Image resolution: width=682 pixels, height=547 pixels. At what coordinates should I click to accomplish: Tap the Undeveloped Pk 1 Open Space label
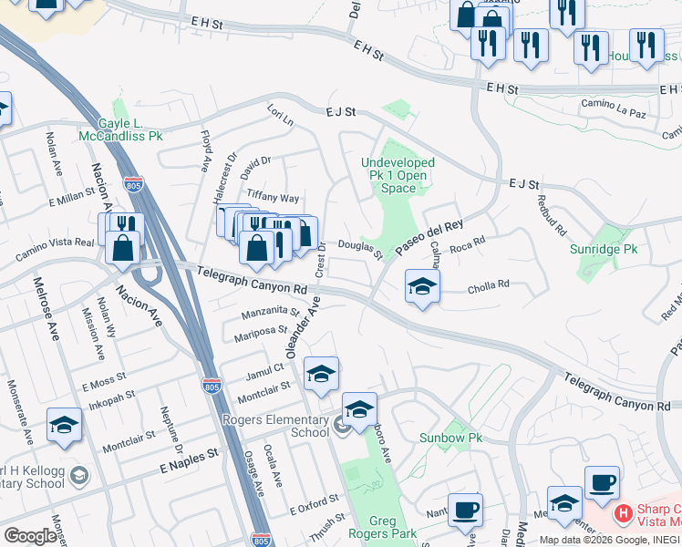(x=398, y=175)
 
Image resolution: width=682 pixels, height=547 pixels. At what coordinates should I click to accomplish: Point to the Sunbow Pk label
(x=450, y=438)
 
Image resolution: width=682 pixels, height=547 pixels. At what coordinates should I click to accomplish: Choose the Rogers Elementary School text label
(x=276, y=426)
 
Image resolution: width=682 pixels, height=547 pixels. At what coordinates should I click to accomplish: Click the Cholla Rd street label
(x=488, y=285)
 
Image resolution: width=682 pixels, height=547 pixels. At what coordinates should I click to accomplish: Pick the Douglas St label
(x=359, y=247)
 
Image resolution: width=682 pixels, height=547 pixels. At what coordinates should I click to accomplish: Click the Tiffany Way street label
(x=273, y=198)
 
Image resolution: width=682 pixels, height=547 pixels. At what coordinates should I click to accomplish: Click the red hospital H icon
(x=624, y=514)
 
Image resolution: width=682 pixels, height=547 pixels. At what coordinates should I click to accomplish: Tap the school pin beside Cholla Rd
(x=422, y=287)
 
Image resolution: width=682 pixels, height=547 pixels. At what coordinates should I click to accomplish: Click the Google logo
(x=30, y=536)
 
